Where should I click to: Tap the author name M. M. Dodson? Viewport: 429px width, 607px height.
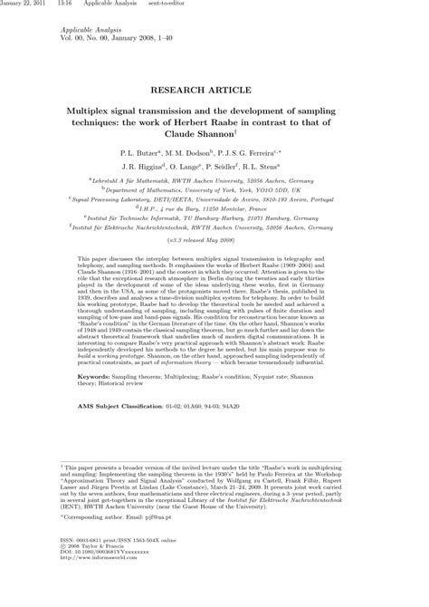[x=189, y=154]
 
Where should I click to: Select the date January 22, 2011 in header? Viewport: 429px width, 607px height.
[x=24, y=5]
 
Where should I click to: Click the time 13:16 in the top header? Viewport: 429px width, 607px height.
[x=65, y=5]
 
